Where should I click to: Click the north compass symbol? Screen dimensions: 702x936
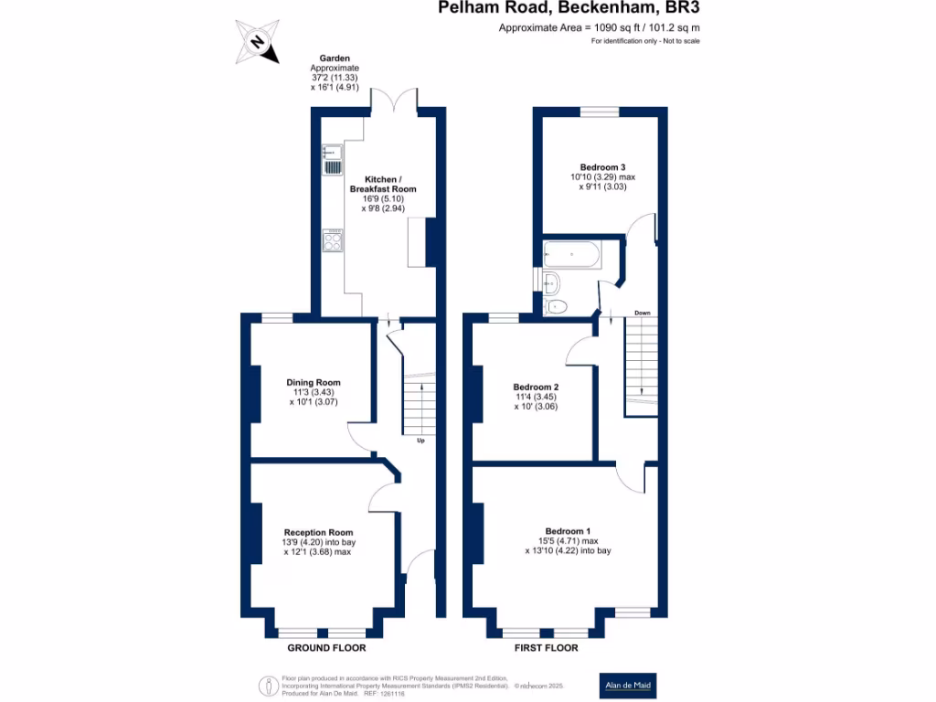259,42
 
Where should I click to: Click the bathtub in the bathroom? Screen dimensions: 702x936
571,255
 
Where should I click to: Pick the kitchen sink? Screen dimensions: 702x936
330,160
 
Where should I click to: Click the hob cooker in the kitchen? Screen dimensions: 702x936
332,241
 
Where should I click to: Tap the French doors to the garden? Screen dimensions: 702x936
394,101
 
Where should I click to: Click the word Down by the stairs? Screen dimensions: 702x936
643,314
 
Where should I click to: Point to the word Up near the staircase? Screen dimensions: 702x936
420,441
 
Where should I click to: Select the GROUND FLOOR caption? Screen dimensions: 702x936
326,648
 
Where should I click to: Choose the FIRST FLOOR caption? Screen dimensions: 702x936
548,648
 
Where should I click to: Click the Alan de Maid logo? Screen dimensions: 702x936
628,686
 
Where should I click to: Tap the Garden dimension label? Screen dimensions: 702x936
335,73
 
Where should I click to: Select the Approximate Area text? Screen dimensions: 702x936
599,28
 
